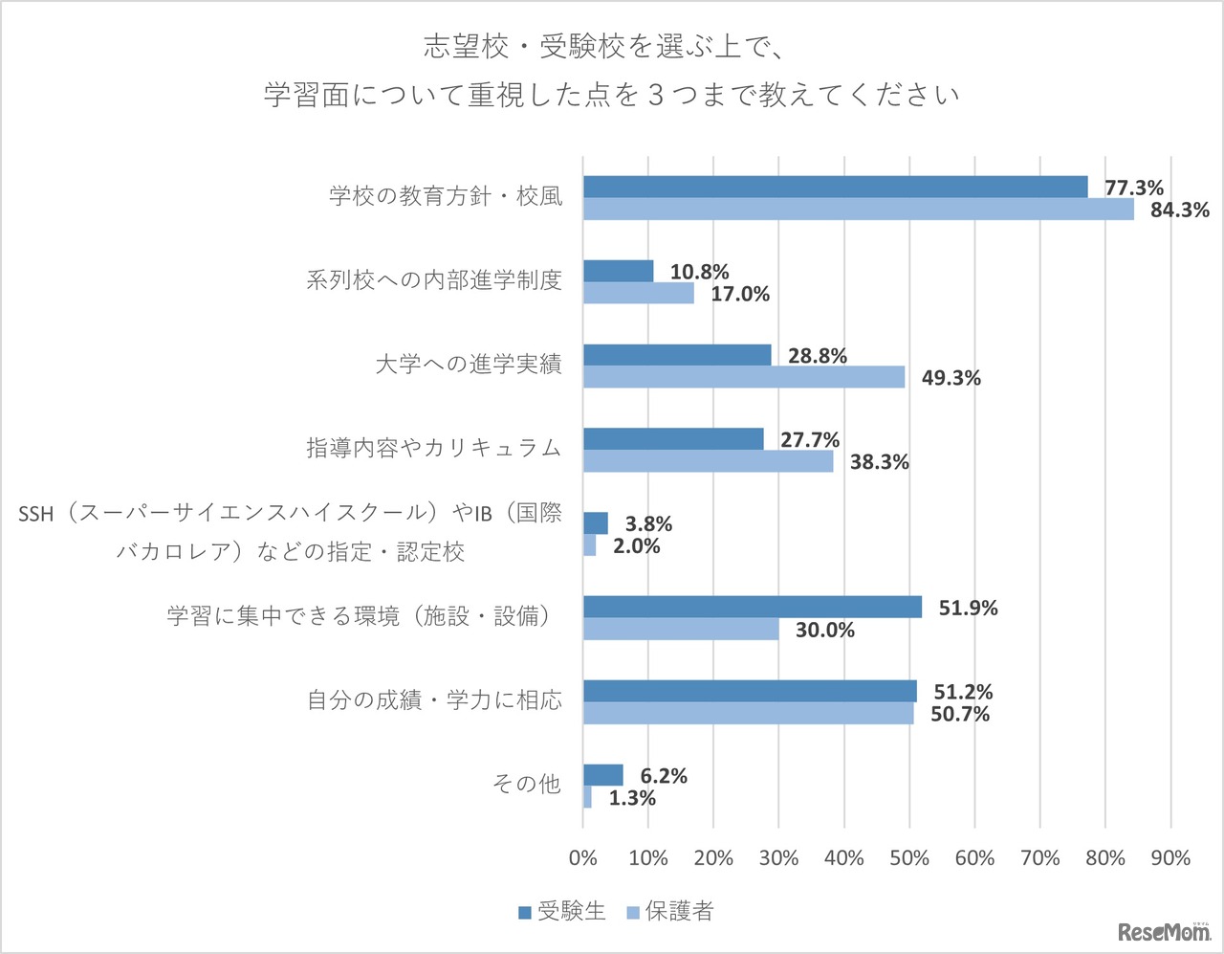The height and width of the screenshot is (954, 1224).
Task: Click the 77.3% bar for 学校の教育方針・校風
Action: (835, 188)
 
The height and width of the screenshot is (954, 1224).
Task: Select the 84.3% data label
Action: (1179, 210)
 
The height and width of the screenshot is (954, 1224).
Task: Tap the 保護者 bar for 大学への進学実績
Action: (744, 377)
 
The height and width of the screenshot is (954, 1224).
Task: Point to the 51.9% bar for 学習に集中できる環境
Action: (753, 607)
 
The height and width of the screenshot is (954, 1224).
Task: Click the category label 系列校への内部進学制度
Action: (433, 280)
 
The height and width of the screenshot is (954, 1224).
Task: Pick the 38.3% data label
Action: (879, 462)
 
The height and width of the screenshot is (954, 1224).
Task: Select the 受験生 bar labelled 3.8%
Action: (596, 523)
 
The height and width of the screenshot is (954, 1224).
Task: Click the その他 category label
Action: (526, 784)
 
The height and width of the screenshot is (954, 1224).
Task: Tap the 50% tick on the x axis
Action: (909, 857)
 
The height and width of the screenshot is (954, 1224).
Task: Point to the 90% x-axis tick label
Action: (1170, 857)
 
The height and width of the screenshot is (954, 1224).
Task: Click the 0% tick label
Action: (583, 857)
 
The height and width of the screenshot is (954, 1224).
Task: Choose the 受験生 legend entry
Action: (562, 911)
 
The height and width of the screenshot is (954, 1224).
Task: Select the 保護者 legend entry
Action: (669, 911)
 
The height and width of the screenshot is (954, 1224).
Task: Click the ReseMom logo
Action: (1163, 931)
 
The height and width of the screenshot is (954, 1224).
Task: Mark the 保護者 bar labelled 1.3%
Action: (587, 797)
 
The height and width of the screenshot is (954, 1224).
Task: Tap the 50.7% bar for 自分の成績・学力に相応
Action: (748, 714)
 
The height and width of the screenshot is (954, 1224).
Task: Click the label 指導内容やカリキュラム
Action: (433, 448)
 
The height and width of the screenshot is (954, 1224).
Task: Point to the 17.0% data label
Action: (739, 294)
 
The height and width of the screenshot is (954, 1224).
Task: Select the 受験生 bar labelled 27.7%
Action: (673, 439)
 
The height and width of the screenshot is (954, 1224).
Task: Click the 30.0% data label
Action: (824, 630)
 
